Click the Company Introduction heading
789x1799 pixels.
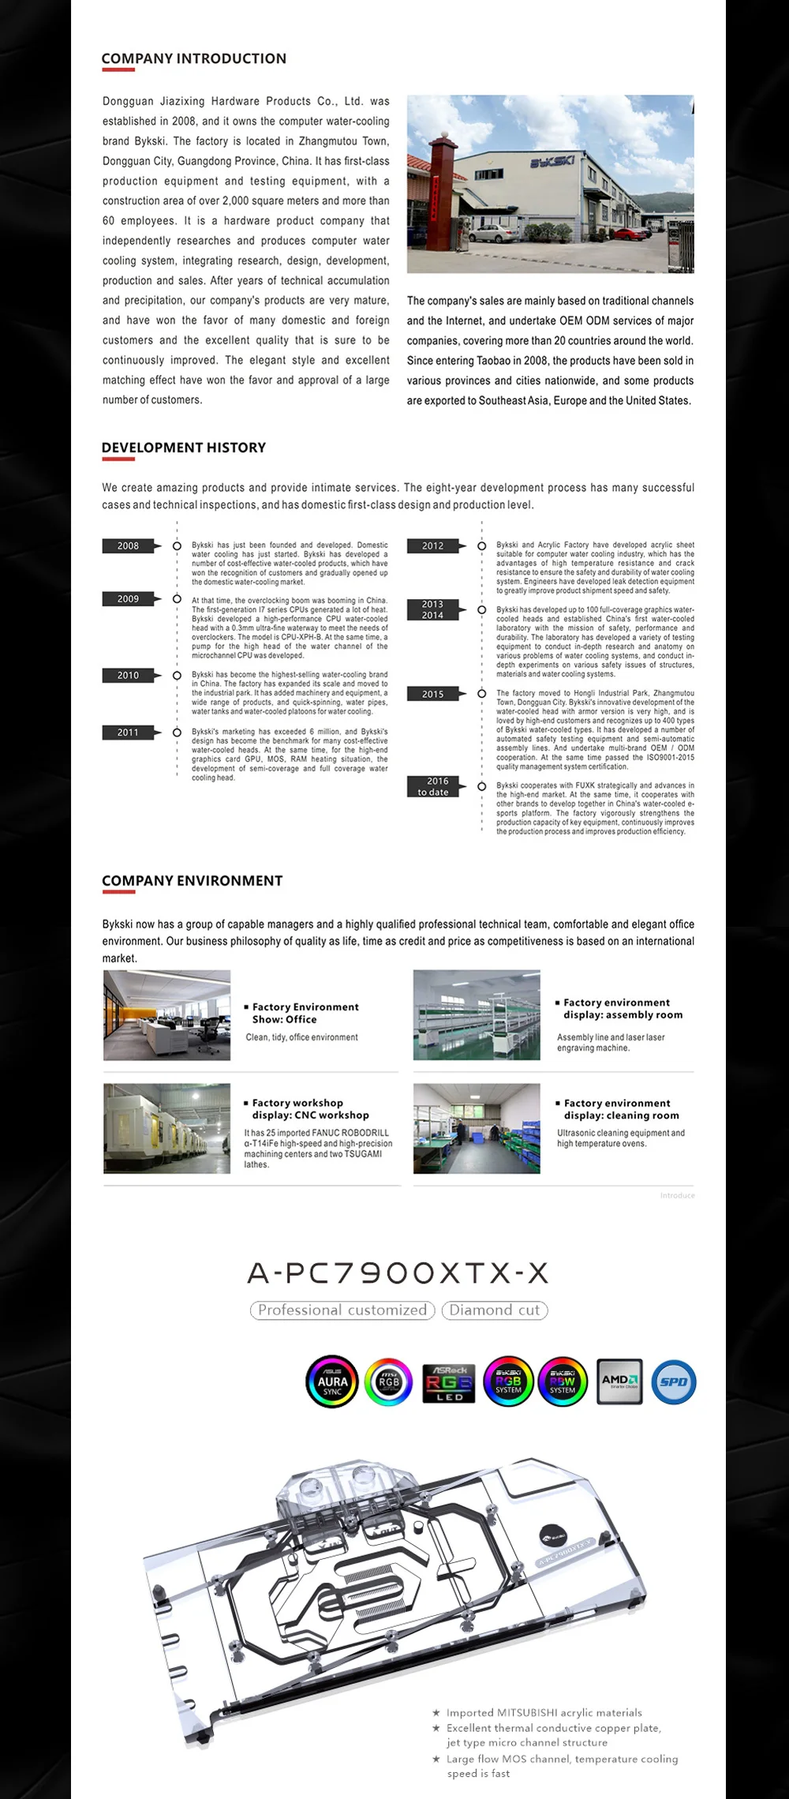193,58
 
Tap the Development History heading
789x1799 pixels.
183,448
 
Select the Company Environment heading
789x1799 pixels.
192,881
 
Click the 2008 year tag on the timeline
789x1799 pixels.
129,545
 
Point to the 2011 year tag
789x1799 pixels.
129,733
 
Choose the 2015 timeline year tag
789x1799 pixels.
433,694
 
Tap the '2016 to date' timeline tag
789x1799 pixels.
433,786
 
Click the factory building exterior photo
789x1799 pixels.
550,184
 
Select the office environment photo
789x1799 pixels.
167,1015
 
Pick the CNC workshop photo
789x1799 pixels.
167,1128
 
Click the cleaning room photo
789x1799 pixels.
477,1128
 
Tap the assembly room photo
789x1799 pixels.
477,1015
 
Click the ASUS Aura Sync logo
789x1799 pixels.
332,1382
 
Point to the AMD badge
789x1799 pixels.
619,1381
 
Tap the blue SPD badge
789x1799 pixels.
674,1382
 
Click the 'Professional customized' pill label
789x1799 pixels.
342,1310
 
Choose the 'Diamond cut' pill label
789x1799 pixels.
495,1310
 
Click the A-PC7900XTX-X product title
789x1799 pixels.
397,1272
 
